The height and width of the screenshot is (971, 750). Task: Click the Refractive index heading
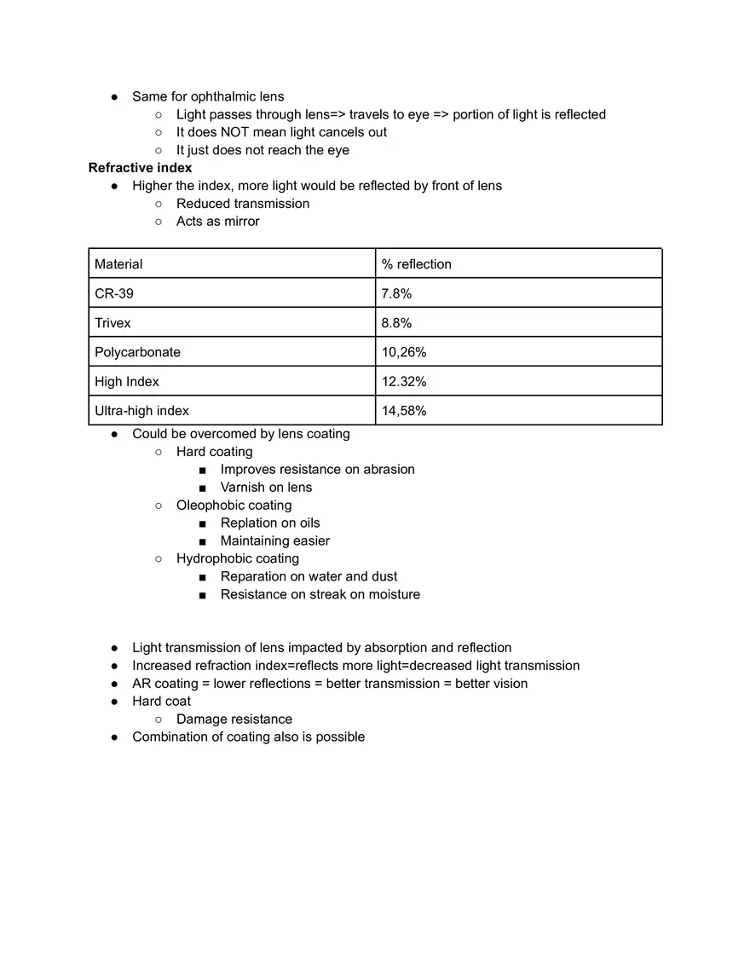(x=140, y=168)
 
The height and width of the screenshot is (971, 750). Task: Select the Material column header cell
(x=118, y=264)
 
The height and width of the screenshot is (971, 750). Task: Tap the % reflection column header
(x=416, y=264)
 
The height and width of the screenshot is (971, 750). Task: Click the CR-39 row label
(x=114, y=293)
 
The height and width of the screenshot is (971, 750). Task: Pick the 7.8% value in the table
(x=396, y=293)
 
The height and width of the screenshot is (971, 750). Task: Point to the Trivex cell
(x=112, y=323)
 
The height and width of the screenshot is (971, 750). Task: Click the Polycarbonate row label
(x=137, y=352)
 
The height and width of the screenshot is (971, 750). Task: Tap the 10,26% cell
(x=404, y=352)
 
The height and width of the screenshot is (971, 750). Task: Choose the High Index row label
(x=127, y=381)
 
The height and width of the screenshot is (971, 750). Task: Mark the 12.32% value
(x=404, y=381)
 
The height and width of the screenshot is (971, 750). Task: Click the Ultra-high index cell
(x=141, y=411)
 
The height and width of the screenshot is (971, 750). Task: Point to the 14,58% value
(x=404, y=411)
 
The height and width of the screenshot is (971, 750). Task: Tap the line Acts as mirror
(x=217, y=221)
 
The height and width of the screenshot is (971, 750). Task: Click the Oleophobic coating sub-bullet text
(x=234, y=505)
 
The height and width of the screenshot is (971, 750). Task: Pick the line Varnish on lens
(x=266, y=487)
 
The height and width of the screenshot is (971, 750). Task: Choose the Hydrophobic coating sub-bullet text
(x=237, y=558)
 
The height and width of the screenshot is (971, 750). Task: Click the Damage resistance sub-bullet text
(x=234, y=719)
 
